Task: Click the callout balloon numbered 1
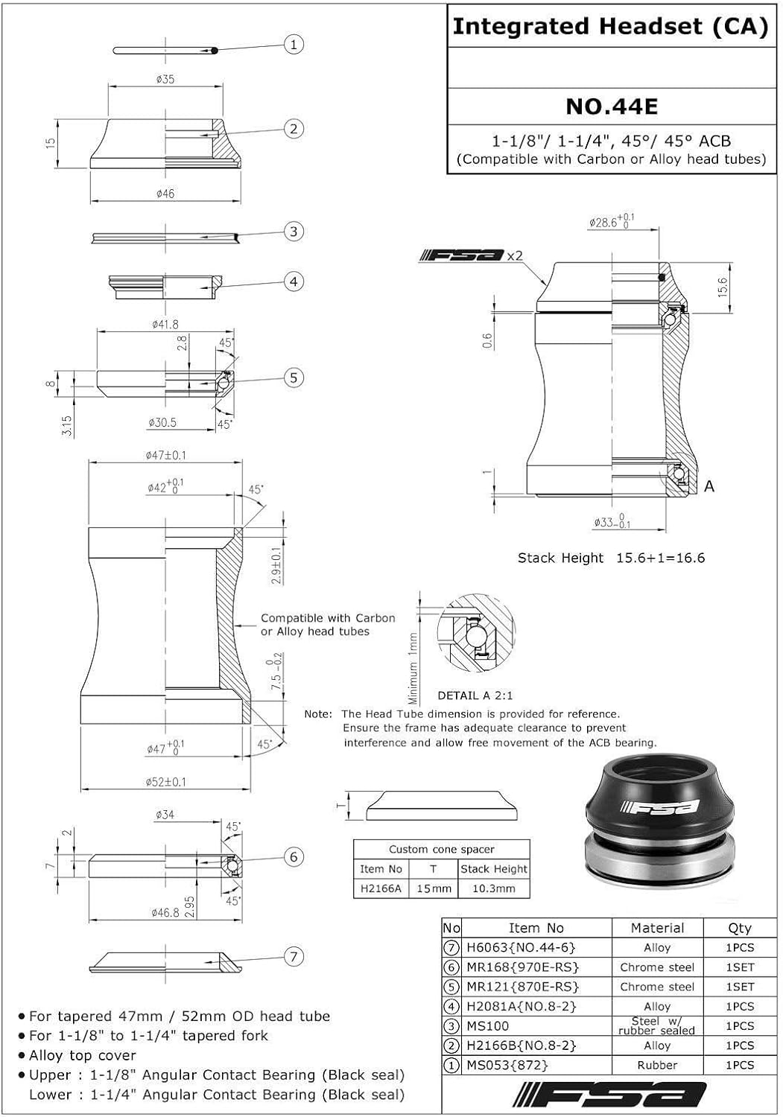(294, 45)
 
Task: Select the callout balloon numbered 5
(294, 378)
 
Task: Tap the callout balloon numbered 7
(294, 957)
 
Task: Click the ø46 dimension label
(165, 194)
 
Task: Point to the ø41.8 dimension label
(165, 325)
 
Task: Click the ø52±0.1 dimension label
(165, 782)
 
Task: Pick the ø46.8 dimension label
(165, 912)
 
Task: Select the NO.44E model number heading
(612, 106)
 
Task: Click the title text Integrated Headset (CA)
(610, 27)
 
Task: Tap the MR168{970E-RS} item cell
(522, 967)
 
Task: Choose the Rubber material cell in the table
(657, 1065)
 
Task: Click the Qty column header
(739, 928)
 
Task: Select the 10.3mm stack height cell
(494, 888)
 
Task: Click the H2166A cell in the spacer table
(381, 888)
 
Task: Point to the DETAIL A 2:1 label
(475, 696)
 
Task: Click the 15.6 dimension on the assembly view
(721, 287)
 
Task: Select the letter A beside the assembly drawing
(709, 486)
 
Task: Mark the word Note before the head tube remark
(318, 714)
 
